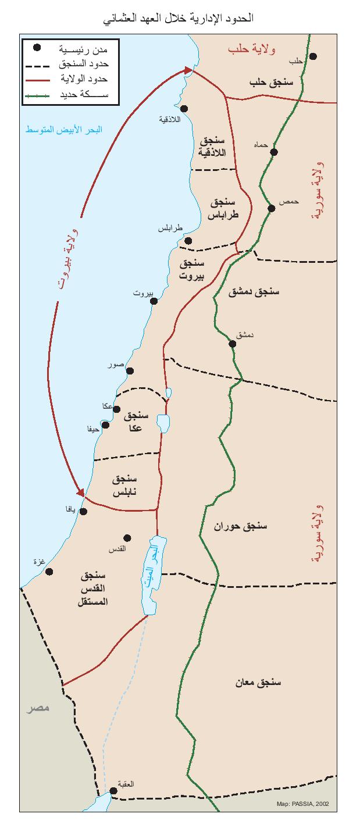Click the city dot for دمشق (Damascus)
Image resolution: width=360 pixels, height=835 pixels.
[x=233, y=344]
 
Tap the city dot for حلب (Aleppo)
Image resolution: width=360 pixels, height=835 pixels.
[x=313, y=56]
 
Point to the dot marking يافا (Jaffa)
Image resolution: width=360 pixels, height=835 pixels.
[x=83, y=512]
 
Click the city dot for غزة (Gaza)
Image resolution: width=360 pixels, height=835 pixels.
[x=49, y=572]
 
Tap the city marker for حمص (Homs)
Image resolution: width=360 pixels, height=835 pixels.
[x=271, y=208]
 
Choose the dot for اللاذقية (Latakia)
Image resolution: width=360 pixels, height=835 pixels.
[x=184, y=109]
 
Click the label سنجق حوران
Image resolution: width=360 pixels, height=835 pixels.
[x=240, y=526]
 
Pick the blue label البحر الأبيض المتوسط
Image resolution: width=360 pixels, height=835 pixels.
[x=63, y=129]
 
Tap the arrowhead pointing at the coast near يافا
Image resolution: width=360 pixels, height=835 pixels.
[x=82, y=493]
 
